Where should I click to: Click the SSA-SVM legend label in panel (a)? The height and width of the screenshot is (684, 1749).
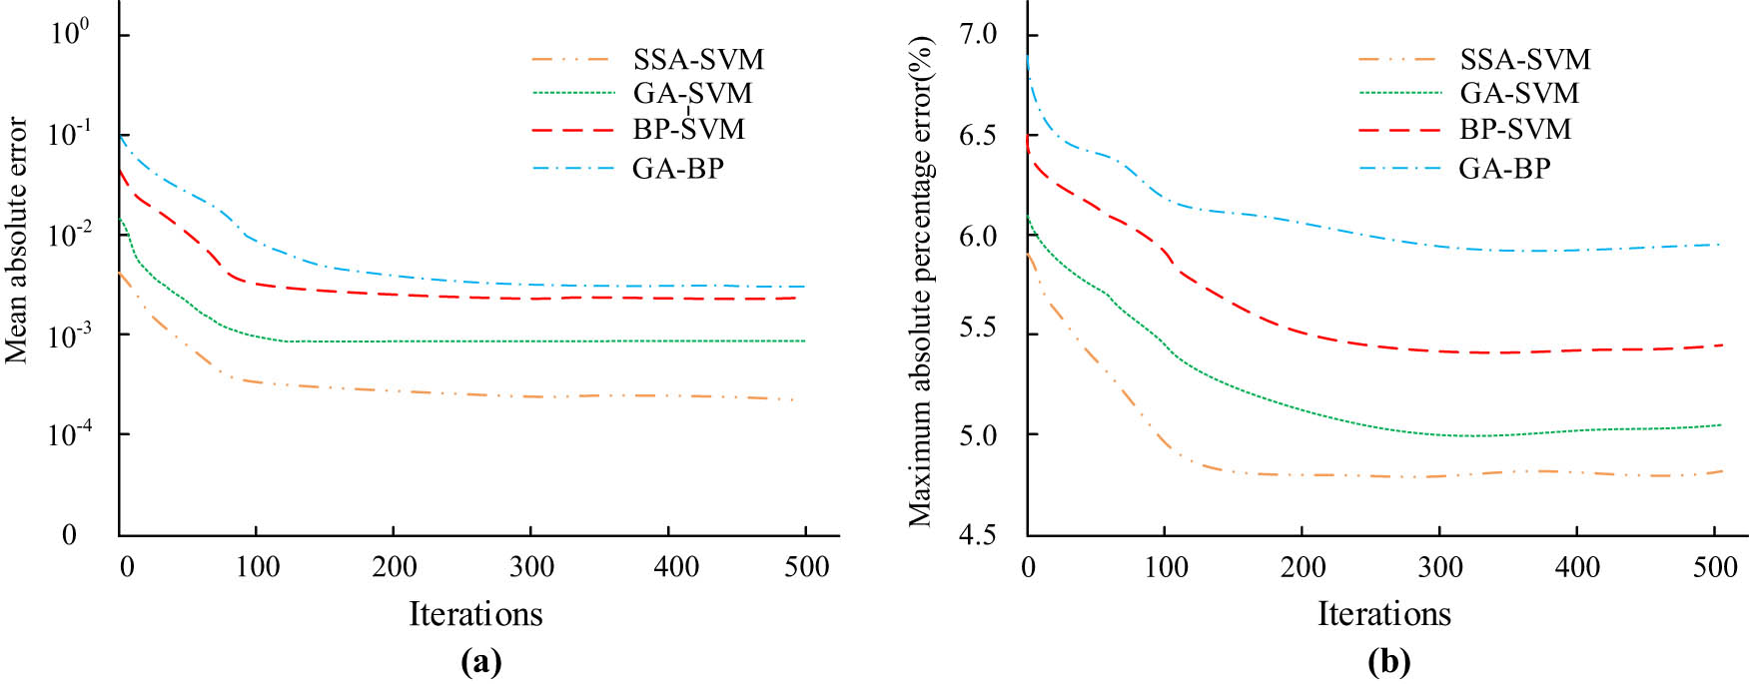(x=698, y=59)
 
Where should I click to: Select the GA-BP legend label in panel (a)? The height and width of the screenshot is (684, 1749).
(x=677, y=168)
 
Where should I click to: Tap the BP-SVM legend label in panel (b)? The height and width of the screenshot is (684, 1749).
(x=1515, y=129)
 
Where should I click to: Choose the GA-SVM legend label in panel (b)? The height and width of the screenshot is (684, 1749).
(x=1519, y=93)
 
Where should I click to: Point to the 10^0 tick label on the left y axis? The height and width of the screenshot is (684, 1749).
(x=70, y=33)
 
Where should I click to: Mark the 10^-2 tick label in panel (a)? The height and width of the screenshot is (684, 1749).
(x=68, y=234)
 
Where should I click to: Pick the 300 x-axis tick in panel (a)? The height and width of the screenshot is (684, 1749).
(x=531, y=567)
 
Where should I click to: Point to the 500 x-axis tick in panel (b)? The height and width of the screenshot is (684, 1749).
(x=1715, y=567)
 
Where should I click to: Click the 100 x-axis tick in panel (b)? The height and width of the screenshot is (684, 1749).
(x=1165, y=567)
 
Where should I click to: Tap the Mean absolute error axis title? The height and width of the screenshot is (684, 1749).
(x=17, y=240)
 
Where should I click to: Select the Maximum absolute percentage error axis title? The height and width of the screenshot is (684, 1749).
(x=920, y=282)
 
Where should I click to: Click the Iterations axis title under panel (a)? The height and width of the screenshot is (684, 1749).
(x=475, y=613)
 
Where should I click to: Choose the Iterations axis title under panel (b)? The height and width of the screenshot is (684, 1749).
(x=1383, y=613)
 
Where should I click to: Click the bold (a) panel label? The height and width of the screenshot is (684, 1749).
(x=480, y=662)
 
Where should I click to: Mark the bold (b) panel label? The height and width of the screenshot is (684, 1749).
(x=1388, y=662)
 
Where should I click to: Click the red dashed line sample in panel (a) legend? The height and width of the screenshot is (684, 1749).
(x=572, y=130)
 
